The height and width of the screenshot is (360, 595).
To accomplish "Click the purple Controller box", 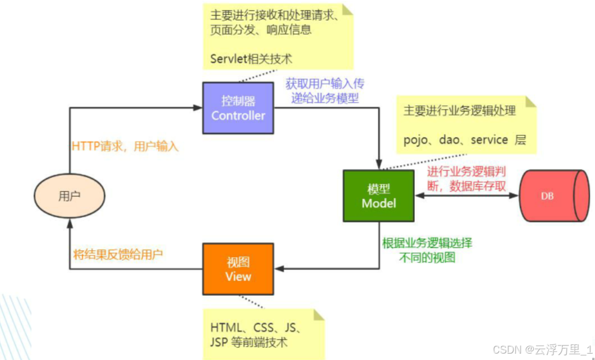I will click(x=238, y=107).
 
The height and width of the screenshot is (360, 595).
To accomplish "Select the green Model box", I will click(x=378, y=196).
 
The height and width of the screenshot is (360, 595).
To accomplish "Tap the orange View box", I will click(x=238, y=269).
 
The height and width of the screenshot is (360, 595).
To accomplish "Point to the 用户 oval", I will click(x=69, y=196).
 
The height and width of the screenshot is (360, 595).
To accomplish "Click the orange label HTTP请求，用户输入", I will click(x=125, y=147).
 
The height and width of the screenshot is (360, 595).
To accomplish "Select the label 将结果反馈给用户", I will click(x=118, y=254).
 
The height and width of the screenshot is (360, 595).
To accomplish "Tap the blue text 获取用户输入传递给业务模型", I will click(x=325, y=91).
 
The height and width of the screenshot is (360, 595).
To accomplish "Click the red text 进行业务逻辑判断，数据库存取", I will click(x=467, y=179).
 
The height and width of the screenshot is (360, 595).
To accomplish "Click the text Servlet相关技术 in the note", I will click(x=251, y=59).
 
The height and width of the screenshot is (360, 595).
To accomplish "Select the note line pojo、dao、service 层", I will click(x=464, y=140).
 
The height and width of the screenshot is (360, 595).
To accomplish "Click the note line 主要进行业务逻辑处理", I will click(x=459, y=111).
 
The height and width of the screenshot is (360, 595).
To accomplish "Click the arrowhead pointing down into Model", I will click(x=378, y=165).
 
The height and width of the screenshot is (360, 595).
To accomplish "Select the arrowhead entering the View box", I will click(x=278, y=269).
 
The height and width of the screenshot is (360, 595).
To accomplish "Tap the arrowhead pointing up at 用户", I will click(x=69, y=223).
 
